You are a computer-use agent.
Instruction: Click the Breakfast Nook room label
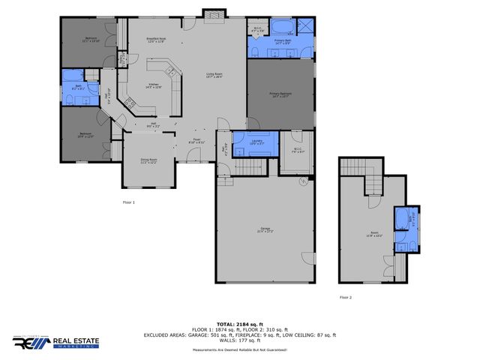pos(155,40)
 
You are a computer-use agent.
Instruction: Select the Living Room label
pos(214,75)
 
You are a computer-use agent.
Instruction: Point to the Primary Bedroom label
pos(280,94)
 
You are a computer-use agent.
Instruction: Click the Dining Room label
pos(149,160)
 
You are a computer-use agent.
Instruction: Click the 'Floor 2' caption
pos(344,297)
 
